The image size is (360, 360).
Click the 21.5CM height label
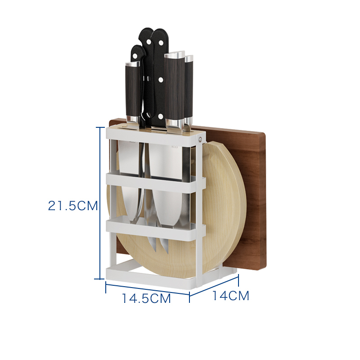coord(73,206)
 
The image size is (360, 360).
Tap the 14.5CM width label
coord(146,298)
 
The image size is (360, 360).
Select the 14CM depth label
coord(231,296)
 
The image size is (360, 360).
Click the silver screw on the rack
coord(200,139)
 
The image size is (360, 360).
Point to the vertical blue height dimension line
coord(100,203)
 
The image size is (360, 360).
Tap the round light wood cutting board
coord(220,207)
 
